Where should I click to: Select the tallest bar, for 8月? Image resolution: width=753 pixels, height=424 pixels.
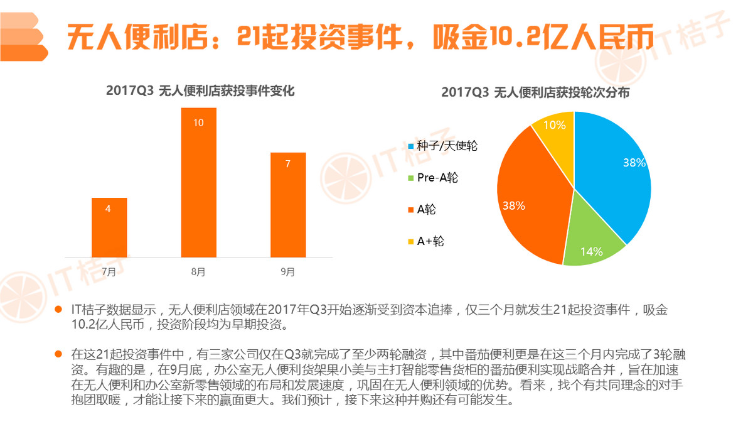point(198,182)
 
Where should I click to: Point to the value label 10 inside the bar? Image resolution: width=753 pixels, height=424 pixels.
point(198,122)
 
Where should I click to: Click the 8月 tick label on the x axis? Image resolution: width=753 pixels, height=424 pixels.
point(198,272)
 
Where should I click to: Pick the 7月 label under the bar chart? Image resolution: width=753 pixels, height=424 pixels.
point(109,272)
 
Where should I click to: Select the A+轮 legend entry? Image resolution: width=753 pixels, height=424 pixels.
point(430,241)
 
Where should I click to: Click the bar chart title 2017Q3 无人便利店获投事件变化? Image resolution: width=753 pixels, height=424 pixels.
point(200,91)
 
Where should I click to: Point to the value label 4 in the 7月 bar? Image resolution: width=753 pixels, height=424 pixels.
point(109,209)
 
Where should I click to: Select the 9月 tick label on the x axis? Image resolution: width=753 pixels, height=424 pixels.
point(288,272)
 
